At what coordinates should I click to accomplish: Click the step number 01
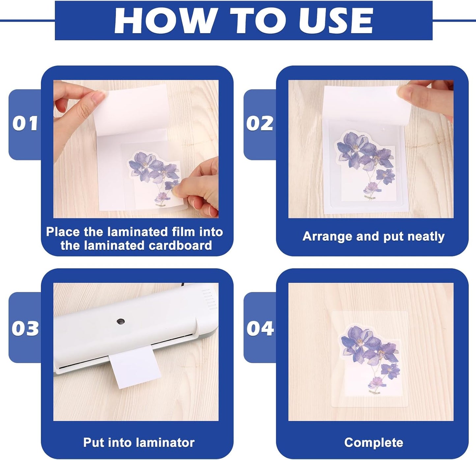25,124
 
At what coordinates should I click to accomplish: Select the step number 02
260,124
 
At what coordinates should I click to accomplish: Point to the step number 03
25,328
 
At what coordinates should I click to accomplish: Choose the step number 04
260,328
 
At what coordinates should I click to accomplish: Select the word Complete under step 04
374,443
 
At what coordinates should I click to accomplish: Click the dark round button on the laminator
121,321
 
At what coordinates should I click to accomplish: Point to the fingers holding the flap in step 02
425,97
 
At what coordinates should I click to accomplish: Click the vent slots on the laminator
208,299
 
